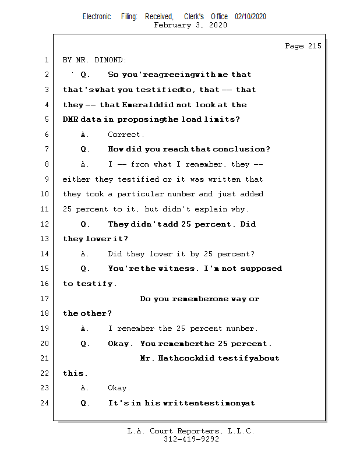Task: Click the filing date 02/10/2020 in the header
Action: click(250, 17)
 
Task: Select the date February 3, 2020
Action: click(190, 25)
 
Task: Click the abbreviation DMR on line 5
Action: click(71, 119)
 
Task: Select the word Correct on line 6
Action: click(126, 135)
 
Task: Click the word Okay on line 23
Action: click(119, 388)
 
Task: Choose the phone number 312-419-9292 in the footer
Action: click(191, 439)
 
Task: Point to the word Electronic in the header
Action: click(97, 17)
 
